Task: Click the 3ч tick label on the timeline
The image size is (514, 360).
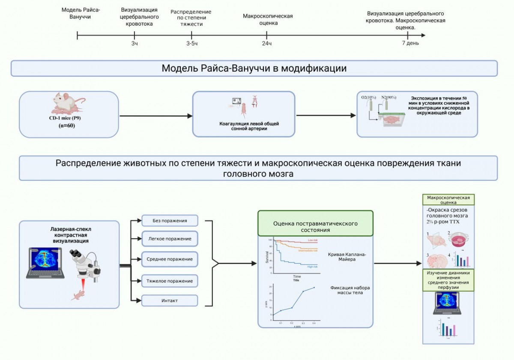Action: click(x=134, y=43)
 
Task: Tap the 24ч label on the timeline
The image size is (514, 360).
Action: click(x=267, y=43)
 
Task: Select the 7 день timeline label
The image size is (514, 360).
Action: click(x=410, y=43)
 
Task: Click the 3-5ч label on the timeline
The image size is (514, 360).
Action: click(x=192, y=43)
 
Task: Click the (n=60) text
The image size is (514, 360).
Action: click(x=69, y=126)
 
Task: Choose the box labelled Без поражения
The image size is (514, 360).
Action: click(x=170, y=221)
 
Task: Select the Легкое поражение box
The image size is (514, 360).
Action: click(x=170, y=238)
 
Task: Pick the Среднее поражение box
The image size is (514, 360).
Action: click(x=170, y=259)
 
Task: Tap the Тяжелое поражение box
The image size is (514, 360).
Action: click(x=170, y=281)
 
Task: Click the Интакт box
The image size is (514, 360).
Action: click(x=170, y=300)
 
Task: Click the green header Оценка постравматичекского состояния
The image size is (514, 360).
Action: click(x=315, y=227)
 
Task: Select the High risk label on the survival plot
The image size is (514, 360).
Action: click(x=312, y=267)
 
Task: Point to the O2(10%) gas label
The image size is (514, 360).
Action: click(x=368, y=97)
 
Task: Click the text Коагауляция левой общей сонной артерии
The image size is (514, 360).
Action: click(x=243, y=126)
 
